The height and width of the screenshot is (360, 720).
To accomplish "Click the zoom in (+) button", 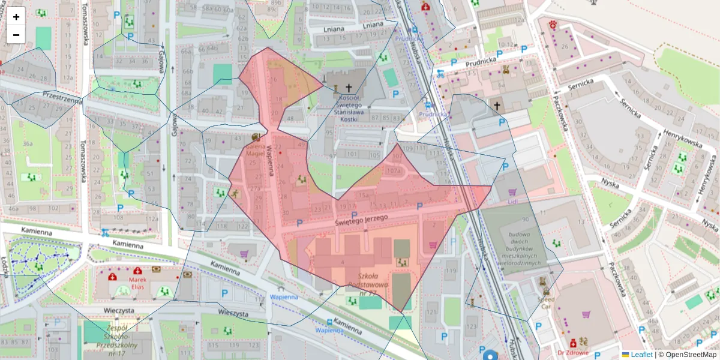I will point(16,17).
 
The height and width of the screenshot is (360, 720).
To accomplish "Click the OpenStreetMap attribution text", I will point(687,355).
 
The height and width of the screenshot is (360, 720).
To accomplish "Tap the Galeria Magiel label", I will point(256,150).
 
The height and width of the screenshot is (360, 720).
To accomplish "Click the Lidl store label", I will point(511,201).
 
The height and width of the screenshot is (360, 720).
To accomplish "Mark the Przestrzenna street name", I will point(62,98).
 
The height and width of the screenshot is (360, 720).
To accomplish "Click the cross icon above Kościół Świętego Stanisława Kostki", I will point(349,88).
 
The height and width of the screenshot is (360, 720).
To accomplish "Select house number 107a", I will point(393,170).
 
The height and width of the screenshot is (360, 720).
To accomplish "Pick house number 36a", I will point(27,144).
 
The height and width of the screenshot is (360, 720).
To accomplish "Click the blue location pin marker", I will point(491,355).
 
